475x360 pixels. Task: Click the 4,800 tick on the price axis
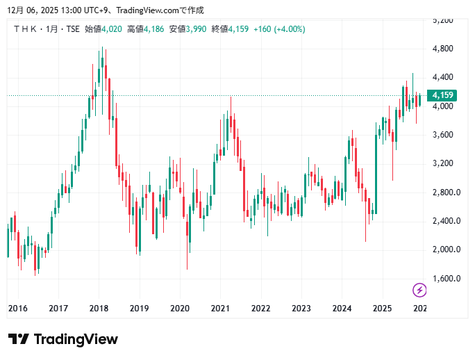coord(442,49)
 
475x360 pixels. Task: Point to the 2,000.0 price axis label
coord(444,249)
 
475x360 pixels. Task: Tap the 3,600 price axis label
coord(442,135)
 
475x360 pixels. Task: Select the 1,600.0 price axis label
coord(444,279)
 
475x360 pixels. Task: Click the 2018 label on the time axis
coord(99,308)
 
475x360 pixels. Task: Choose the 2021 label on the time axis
coord(220,308)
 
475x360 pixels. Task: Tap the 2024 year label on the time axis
coord(342,308)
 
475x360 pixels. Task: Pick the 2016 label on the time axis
coord(17,308)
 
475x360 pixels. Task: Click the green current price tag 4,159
coord(442,95)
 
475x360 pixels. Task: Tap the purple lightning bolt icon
coord(419,289)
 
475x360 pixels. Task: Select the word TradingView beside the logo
coord(76,339)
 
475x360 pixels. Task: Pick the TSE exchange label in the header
coord(72,29)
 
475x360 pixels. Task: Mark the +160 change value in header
coord(262,29)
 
